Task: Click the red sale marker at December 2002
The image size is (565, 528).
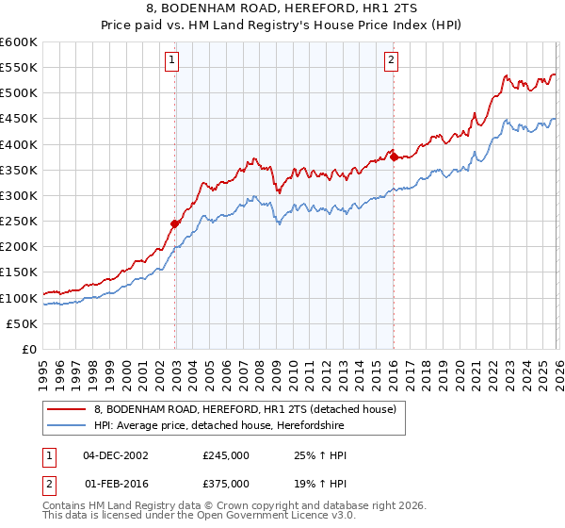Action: click(x=175, y=223)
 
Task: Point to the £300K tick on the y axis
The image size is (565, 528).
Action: click(x=19, y=195)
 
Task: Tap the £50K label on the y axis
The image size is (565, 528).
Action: click(x=23, y=323)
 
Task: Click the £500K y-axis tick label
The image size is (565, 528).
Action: click(x=19, y=93)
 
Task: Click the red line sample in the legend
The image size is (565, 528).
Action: click(x=67, y=409)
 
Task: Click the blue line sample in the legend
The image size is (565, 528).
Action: click(x=67, y=426)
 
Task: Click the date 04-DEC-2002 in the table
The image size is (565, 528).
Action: click(x=115, y=455)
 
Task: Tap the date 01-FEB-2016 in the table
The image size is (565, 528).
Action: click(x=115, y=482)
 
